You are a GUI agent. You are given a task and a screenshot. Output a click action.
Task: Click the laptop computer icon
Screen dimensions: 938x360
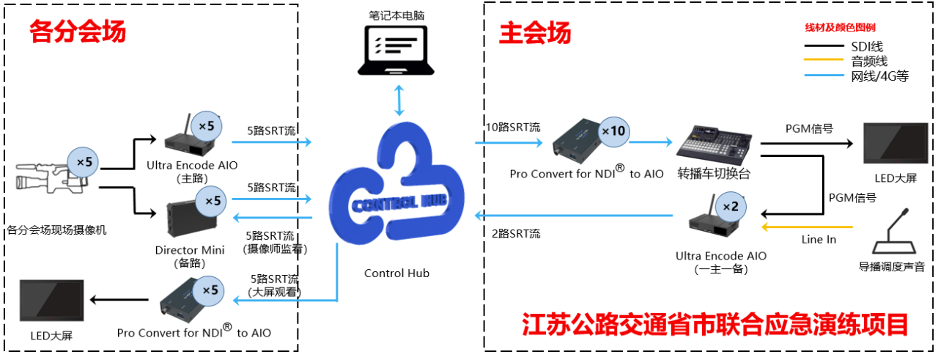(x=396, y=51)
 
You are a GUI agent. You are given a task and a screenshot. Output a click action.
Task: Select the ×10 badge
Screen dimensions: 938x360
(x=613, y=131)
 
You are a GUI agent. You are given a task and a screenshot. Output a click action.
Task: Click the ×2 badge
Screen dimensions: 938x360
(x=731, y=207)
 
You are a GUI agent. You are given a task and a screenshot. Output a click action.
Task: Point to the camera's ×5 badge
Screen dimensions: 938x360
(x=83, y=162)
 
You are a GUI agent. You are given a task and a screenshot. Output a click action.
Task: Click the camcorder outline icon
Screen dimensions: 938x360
(x=51, y=178)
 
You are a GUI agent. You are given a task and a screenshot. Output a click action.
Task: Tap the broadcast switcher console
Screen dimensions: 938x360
(x=714, y=144)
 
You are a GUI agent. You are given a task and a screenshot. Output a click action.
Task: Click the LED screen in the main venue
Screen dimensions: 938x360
(x=895, y=143)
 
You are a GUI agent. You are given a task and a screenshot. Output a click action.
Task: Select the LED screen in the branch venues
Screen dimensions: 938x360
(x=51, y=301)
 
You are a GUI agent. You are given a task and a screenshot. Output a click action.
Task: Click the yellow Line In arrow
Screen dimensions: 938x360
(x=807, y=227)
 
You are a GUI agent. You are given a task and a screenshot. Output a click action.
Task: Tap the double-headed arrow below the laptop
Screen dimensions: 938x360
(x=399, y=100)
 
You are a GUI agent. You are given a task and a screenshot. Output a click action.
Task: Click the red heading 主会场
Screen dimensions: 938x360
(x=535, y=33)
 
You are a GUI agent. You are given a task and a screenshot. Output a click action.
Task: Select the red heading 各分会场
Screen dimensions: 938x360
(x=78, y=31)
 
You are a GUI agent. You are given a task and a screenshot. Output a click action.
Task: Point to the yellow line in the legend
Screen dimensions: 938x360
(x=823, y=60)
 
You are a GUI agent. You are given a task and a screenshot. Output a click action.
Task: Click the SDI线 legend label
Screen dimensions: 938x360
(x=867, y=46)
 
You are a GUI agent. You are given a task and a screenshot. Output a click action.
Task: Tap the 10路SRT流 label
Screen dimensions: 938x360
(x=513, y=127)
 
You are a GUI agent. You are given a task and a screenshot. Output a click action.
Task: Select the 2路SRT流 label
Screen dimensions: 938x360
(x=516, y=233)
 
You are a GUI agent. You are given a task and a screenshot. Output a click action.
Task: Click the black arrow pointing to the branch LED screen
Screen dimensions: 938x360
(x=119, y=300)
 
